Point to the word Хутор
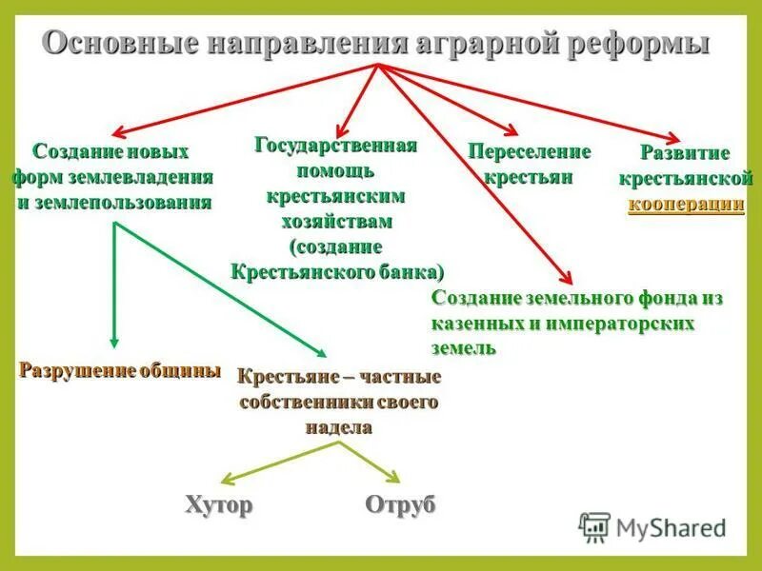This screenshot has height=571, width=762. pos(219,504)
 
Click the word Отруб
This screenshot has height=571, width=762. pos(400,504)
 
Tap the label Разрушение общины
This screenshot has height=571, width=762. pos(120,370)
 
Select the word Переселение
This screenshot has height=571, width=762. pos(529,151)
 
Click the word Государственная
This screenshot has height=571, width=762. pos(336,146)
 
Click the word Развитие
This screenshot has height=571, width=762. pos(685,153)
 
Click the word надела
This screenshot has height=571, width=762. pos(338,427)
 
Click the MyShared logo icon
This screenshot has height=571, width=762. pos(595,526)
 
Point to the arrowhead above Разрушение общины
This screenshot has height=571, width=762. pos(113,343)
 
